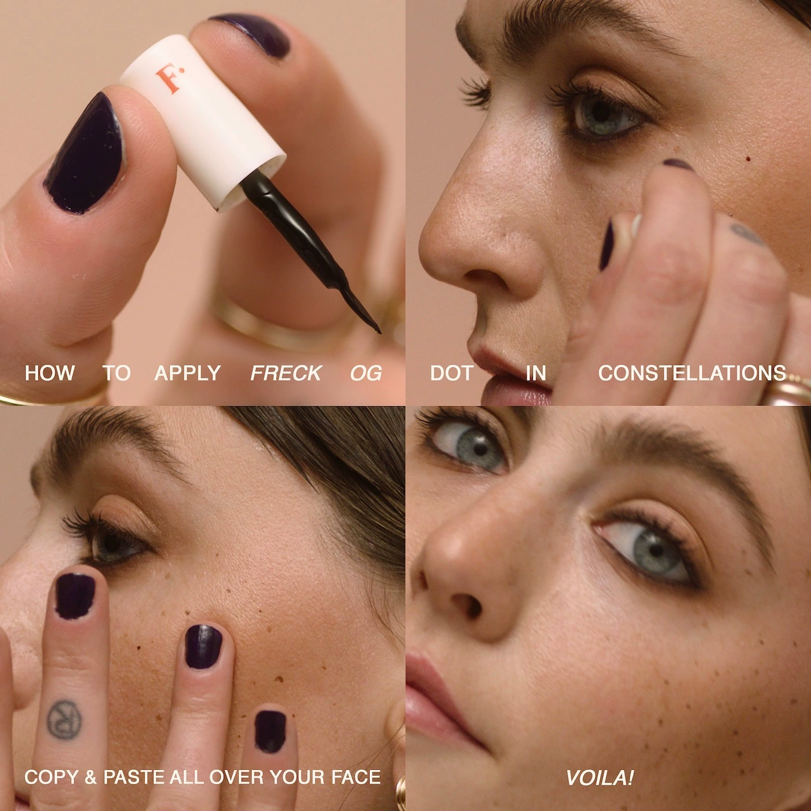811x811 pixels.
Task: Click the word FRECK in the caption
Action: pyautogui.click(x=286, y=373)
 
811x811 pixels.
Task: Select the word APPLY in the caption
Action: pyautogui.click(x=188, y=373)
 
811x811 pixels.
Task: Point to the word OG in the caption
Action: pyautogui.click(x=366, y=373)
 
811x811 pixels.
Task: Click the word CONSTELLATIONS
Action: pyautogui.click(x=692, y=373)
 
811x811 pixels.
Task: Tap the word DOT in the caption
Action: pyautogui.click(x=452, y=373)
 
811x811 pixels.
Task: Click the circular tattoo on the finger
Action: pyautogui.click(x=64, y=719)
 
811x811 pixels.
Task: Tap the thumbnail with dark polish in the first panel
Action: pyautogui.click(x=86, y=154)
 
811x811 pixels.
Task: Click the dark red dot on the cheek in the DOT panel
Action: pyautogui.click(x=748, y=158)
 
